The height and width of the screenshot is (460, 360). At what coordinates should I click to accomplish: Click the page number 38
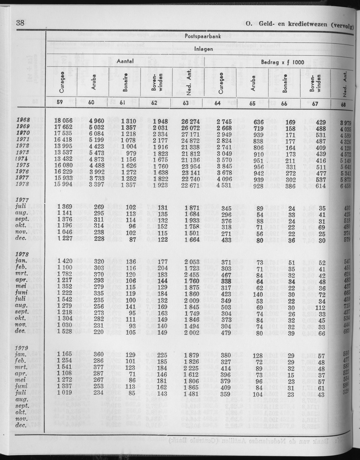pyautogui.click(x=20, y=23)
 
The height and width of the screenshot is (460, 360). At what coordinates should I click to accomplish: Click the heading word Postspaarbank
pyautogui.click(x=199, y=36)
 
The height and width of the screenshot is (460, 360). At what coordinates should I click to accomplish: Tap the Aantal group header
pyautogui.click(x=125, y=61)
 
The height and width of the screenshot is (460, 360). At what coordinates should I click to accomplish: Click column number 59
pyautogui.click(x=61, y=102)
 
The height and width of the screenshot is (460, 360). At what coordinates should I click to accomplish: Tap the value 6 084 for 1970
pyautogui.click(x=99, y=137)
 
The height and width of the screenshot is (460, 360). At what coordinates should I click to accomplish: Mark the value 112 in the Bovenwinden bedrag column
pyautogui.click(x=319, y=307)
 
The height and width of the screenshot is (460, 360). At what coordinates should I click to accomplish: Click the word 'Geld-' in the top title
pyautogui.click(x=269, y=24)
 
